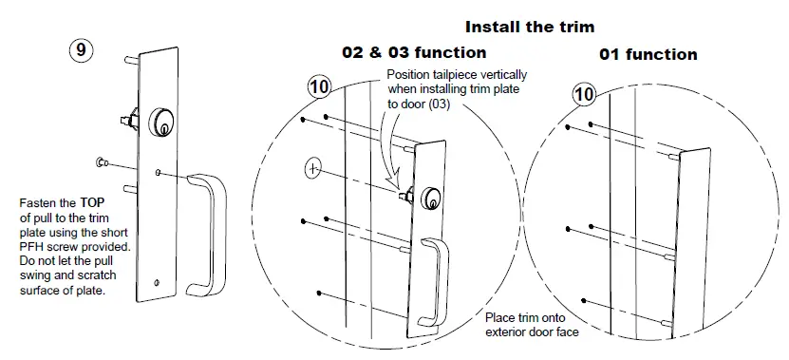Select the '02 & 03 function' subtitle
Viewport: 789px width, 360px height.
tap(414, 52)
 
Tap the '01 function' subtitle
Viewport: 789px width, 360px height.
tap(648, 54)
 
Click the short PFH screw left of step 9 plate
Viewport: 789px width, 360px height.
tap(102, 163)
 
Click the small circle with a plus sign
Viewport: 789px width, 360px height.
tap(314, 168)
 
